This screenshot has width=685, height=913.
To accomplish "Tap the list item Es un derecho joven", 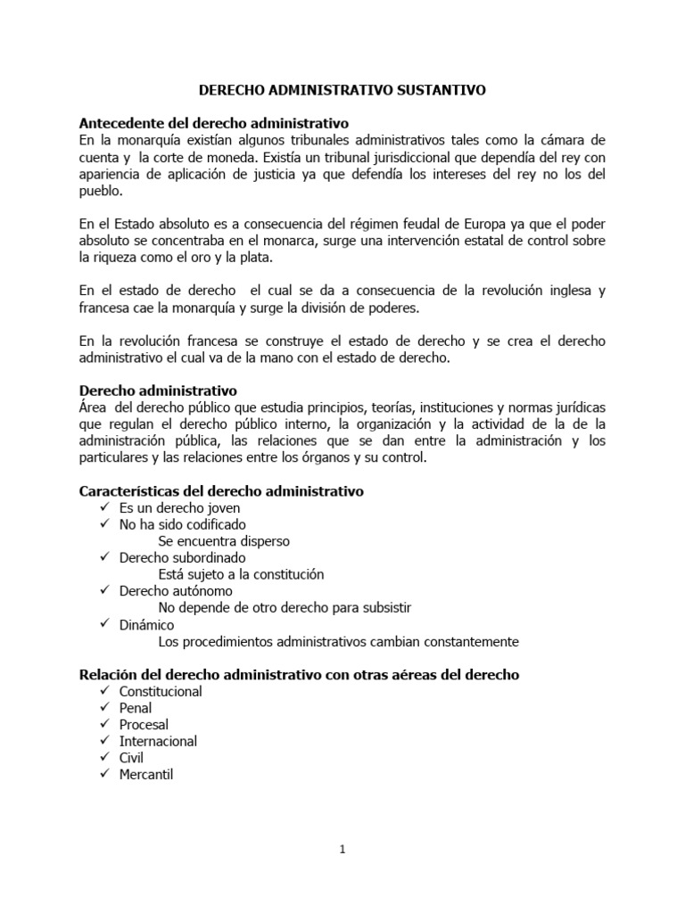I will point(179,508).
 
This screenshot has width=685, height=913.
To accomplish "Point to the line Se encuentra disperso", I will point(223,541).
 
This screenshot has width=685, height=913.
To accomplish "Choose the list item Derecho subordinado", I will point(182,558).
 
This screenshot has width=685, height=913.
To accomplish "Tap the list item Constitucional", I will point(161,692).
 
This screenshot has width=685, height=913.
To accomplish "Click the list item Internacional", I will point(158,742).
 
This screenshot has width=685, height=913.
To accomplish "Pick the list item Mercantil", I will point(146,775).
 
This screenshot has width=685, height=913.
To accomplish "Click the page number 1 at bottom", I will point(342,850).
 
